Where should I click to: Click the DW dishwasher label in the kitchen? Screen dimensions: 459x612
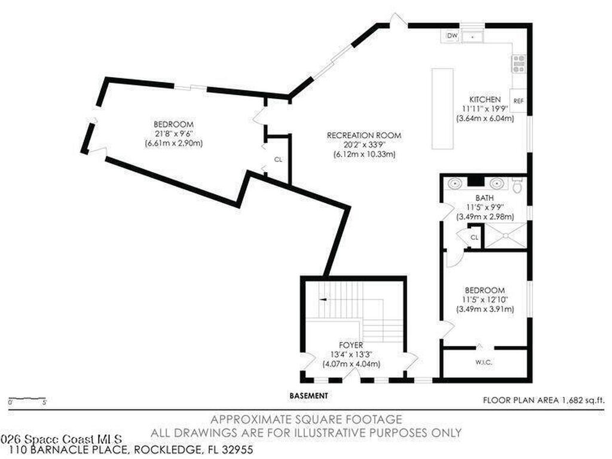pyautogui.click(x=452, y=36)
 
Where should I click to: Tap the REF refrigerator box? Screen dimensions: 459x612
pyautogui.click(x=518, y=101)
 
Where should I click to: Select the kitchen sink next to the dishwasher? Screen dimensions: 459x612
pyautogui.click(x=475, y=36)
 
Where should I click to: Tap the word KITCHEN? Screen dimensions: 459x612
pyautogui.click(x=484, y=99)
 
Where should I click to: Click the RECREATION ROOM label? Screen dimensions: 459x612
pyautogui.click(x=363, y=136)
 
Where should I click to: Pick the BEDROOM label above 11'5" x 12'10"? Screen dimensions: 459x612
pyautogui.click(x=485, y=290)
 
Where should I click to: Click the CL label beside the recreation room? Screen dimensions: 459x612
pyautogui.click(x=278, y=160)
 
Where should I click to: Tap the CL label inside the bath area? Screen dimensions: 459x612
pyautogui.click(x=475, y=237)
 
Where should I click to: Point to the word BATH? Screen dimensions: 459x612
pyautogui.click(x=484, y=197)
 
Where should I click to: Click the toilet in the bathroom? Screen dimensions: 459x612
pyautogui.click(x=518, y=186)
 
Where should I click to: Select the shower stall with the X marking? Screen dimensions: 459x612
pyautogui.click(x=505, y=235)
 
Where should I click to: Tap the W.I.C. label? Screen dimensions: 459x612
pyautogui.click(x=484, y=362)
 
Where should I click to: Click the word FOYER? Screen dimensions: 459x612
pyautogui.click(x=351, y=345)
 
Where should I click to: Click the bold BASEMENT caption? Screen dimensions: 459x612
pyautogui.click(x=308, y=396)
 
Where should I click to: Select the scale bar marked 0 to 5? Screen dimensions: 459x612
pyautogui.click(x=27, y=399)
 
